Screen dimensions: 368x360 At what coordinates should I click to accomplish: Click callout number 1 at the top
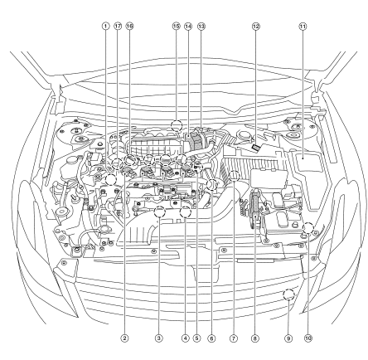pyautogui.click(x=105, y=27)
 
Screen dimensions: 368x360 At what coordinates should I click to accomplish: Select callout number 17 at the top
pyautogui.click(x=118, y=27)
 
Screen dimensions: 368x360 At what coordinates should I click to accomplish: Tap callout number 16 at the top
pyautogui.click(x=129, y=27)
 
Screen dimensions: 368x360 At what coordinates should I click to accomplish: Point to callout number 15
pyautogui.click(x=177, y=27)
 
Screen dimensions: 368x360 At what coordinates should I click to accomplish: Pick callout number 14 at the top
pyautogui.click(x=188, y=27)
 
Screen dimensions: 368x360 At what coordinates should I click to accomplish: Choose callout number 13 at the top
pyautogui.click(x=201, y=27)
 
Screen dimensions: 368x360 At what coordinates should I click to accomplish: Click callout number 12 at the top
pyautogui.click(x=256, y=27)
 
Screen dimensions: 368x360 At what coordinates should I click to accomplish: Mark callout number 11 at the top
pyautogui.click(x=303, y=27)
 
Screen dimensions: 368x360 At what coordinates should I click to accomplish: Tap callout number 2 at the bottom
pyautogui.click(x=124, y=338)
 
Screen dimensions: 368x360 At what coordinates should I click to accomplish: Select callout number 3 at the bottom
pyautogui.click(x=159, y=338)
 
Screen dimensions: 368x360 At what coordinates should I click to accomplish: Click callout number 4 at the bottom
pyautogui.click(x=185, y=338)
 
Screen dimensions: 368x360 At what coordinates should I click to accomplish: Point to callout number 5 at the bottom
pyautogui.click(x=196, y=338)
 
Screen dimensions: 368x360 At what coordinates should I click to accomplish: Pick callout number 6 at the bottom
pyautogui.click(x=211, y=338)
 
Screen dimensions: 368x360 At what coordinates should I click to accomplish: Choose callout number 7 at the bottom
pyautogui.click(x=234, y=338)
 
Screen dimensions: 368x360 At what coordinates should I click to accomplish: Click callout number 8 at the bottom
pyautogui.click(x=254, y=338)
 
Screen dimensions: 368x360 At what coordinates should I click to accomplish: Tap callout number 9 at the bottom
pyautogui.click(x=288, y=338)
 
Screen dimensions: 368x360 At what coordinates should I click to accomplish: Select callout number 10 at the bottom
pyautogui.click(x=308, y=338)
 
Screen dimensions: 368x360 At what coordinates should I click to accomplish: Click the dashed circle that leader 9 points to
pyautogui.click(x=288, y=289)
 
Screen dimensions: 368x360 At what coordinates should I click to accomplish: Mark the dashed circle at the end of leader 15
pyautogui.click(x=177, y=120)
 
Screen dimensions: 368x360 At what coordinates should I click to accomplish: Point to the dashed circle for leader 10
pyautogui.click(x=308, y=223)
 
